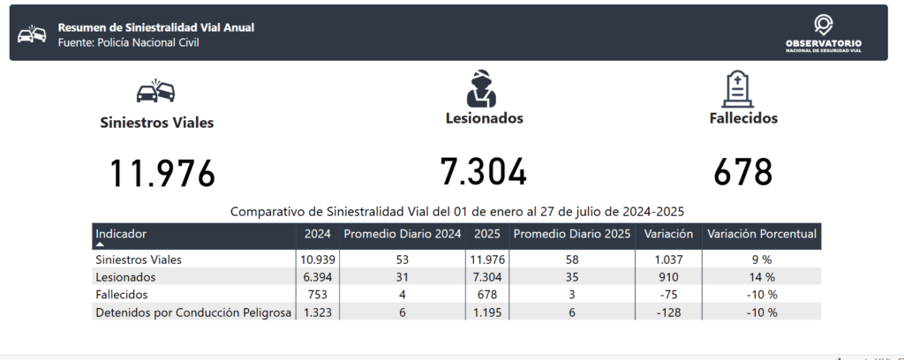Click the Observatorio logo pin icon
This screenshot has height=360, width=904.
coord(824,26)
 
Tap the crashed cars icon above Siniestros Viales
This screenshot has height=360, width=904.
coord(155,91)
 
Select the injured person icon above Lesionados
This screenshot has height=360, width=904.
coord(481,89)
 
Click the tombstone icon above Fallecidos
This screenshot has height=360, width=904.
coord(738,89)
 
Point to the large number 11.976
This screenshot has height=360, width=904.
coord(162,173)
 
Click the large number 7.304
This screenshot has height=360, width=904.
coord(483,172)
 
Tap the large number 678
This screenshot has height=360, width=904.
coord(742,172)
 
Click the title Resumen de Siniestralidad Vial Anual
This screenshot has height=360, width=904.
coord(155,27)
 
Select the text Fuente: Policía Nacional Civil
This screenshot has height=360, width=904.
coord(128,42)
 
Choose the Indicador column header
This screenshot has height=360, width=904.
coord(120,234)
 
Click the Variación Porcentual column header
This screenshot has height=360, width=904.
coord(762,234)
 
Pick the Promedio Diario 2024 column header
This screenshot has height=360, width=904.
coord(403,234)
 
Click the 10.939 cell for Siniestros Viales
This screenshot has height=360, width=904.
coord(318,259)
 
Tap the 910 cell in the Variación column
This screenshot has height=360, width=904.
coord(668,277)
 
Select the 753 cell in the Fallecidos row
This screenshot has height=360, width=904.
coord(318,295)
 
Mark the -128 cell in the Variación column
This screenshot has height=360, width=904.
coord(668,312)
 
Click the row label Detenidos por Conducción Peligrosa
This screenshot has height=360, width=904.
coord(193,312)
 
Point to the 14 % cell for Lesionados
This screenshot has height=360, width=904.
coord(762,277)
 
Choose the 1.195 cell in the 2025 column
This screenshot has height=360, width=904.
coord(487,312)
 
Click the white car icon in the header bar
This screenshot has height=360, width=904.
coord(32,34)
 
